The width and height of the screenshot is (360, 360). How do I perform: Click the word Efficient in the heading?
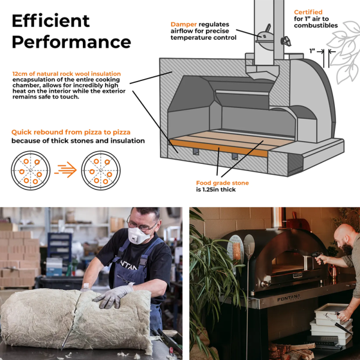pos(50,21)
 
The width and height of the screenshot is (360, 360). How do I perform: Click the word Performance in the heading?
pos(71,42)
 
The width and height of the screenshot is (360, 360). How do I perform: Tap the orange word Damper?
pos(184,25)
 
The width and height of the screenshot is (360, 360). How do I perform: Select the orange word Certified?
pos(308,12)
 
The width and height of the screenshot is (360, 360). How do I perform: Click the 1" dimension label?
pos(312,51)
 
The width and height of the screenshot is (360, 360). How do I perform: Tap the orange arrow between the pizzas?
pos(65,170)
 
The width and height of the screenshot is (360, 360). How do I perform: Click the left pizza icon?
pos(31,170)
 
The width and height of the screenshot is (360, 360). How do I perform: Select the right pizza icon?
pos(101,170)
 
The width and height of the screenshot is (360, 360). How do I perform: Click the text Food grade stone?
pos(222,183)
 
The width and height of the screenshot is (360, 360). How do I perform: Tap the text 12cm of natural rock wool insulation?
pos(67,74)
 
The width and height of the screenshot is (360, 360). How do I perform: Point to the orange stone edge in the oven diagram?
pos(219,148)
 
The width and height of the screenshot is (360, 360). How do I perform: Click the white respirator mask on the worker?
pos(139,236)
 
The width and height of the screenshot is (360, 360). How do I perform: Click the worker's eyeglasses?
pos(141,225)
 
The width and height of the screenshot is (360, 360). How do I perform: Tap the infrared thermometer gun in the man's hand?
pos(317,256)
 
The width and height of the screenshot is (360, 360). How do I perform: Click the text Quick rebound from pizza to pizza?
pos(71,132)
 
